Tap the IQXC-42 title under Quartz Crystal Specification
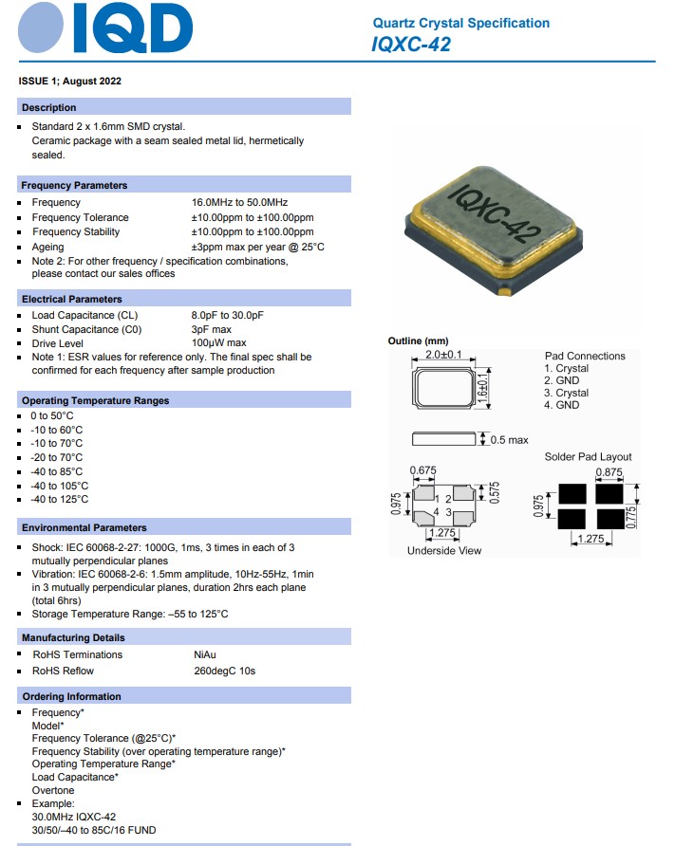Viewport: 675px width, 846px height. [411, 44]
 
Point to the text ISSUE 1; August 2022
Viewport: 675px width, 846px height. [70, 81]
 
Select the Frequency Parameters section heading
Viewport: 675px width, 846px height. [74, 185]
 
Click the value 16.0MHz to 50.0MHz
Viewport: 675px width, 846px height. [239, 202]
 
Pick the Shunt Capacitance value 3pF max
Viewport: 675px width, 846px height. [212, 329]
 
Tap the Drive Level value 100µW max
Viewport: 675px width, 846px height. [218, 342]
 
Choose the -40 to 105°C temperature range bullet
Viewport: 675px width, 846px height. [61, 486]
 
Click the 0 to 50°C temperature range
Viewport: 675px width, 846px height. [52, 415]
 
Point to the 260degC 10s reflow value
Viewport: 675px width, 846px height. [224, 671]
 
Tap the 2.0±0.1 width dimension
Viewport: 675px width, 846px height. [443, 355]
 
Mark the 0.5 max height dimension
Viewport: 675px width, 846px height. [510, 440]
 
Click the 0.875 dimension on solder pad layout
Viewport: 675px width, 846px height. [609, 471]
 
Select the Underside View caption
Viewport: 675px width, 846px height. [443, 550]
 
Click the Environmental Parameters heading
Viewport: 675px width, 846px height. [84, 527]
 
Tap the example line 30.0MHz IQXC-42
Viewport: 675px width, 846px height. [74, 817]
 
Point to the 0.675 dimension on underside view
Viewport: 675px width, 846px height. [422, 470]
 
